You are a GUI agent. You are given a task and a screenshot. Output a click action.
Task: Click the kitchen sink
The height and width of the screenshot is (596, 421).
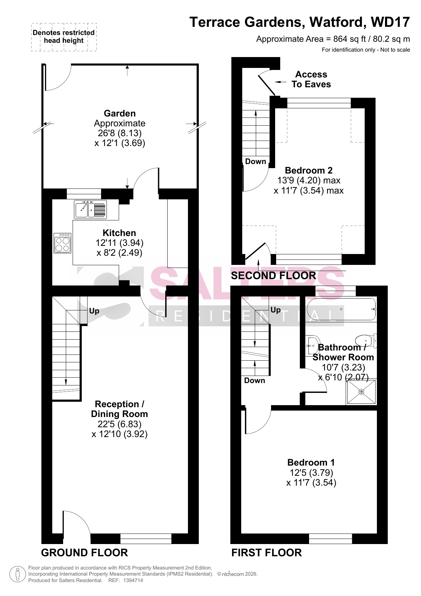[x=90, y=209]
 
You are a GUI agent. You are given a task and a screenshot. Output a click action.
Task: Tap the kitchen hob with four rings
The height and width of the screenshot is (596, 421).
[x=62, y=243]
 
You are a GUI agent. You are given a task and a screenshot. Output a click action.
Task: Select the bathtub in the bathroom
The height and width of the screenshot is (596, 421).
[x=341, y=309]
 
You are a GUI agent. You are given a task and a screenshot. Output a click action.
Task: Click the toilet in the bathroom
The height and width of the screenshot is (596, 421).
[x=366, y=341]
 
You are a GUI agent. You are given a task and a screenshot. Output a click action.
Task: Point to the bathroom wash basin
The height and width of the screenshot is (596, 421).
[x=312, y=345]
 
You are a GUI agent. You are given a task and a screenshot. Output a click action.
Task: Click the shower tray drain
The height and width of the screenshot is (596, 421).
[x=361, y=392]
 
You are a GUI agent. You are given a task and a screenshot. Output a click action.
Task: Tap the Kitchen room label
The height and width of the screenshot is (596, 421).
[x=119, y=233]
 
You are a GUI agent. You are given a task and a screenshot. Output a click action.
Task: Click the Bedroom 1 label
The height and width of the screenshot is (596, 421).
[x=311, y=462]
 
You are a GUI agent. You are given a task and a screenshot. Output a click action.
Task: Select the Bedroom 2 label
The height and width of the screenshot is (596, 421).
[x=309, y=170]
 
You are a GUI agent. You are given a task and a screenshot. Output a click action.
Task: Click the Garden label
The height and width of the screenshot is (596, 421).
[x=120, y=113]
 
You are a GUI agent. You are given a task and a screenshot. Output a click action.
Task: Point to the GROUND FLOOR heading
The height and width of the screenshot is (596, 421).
[x=84, y=553]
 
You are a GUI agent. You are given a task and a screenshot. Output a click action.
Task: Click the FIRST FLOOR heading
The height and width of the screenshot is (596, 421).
[x=267, y=553]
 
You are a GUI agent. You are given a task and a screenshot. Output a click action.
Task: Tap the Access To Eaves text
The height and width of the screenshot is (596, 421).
[x=311, y=79]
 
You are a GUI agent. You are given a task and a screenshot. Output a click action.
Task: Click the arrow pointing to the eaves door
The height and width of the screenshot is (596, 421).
[x=281, y=82]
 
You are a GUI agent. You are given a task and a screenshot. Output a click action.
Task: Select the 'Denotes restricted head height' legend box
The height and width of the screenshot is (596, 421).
[x=64, y=37]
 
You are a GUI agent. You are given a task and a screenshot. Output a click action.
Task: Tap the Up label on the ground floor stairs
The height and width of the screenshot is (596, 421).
[x=94, y=311]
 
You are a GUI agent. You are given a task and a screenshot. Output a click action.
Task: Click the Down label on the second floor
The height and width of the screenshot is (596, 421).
[x=255, y=161]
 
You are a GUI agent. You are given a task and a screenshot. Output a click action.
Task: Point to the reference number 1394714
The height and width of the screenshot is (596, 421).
[x=131, y=580]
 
